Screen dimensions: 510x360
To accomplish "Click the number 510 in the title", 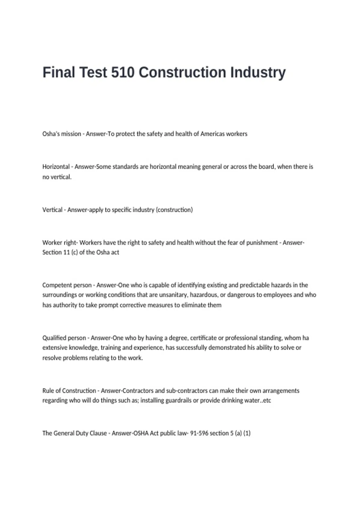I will [123, 72].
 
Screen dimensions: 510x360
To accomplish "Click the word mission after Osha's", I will [71, 134].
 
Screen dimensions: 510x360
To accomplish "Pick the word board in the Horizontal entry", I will [267, 166].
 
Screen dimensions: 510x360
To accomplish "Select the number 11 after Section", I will [67, 252].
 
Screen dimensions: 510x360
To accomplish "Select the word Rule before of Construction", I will [48, 391].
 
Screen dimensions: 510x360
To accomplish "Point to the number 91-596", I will [199, 433].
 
